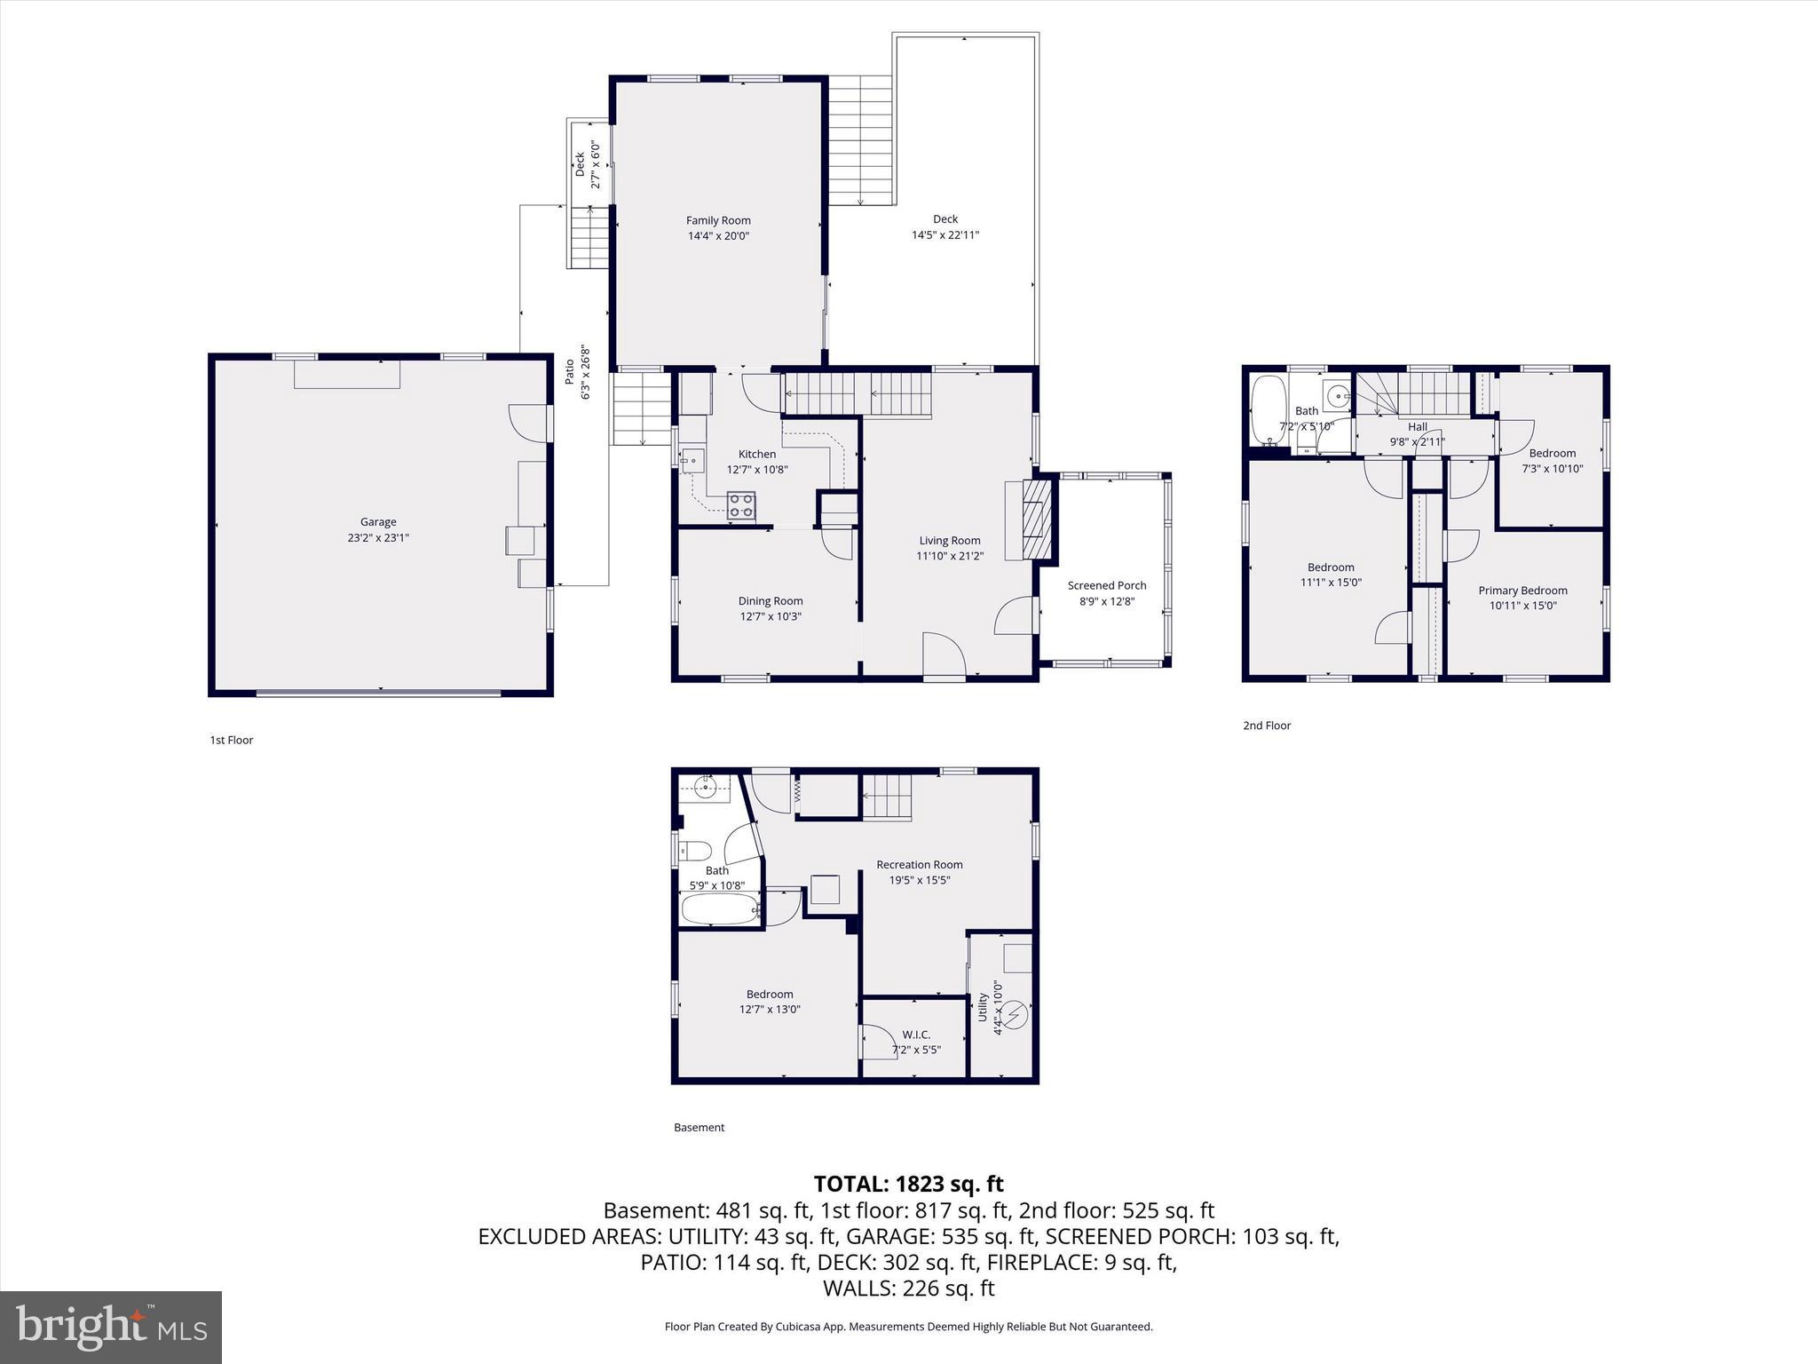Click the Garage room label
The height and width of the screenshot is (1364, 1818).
[x=378, y=522]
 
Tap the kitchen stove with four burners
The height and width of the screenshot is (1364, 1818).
[x=741, y=505]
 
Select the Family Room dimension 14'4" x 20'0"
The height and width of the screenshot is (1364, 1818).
[x=718, y=236]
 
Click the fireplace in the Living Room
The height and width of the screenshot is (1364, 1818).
[x=1036, y=519]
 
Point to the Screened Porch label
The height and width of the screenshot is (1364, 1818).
[x=1107, y=585]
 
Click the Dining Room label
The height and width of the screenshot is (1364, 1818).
[x=770, y=601]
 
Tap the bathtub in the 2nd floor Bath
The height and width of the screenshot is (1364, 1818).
[x=1267, y=410]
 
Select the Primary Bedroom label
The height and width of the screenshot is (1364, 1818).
[x=1522, y=591]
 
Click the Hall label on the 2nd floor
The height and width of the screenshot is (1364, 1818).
[x=1418, y=427]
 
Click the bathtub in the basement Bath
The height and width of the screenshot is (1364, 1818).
[x=720, y=909]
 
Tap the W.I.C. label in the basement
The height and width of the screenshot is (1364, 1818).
[x=916, y=1035]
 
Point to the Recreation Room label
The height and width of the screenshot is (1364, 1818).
[x=919, y=864]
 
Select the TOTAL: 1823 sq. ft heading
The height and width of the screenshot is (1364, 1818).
[x=908, y=1184]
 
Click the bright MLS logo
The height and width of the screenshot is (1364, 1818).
[x=111, y=1327]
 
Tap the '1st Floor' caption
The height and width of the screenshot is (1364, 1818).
[x=232, y=740]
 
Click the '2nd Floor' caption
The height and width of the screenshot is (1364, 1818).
[x=1267, y=726]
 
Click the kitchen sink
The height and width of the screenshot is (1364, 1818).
[x=692, y=460]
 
